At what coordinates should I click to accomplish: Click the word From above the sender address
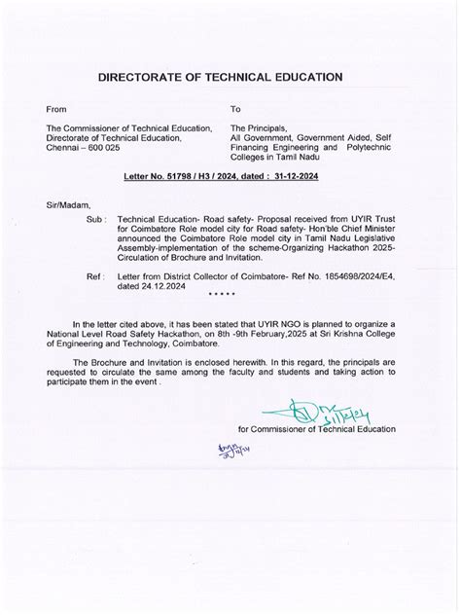[x=59, y=110]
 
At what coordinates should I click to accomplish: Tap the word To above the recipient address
[x=235, y=110]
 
